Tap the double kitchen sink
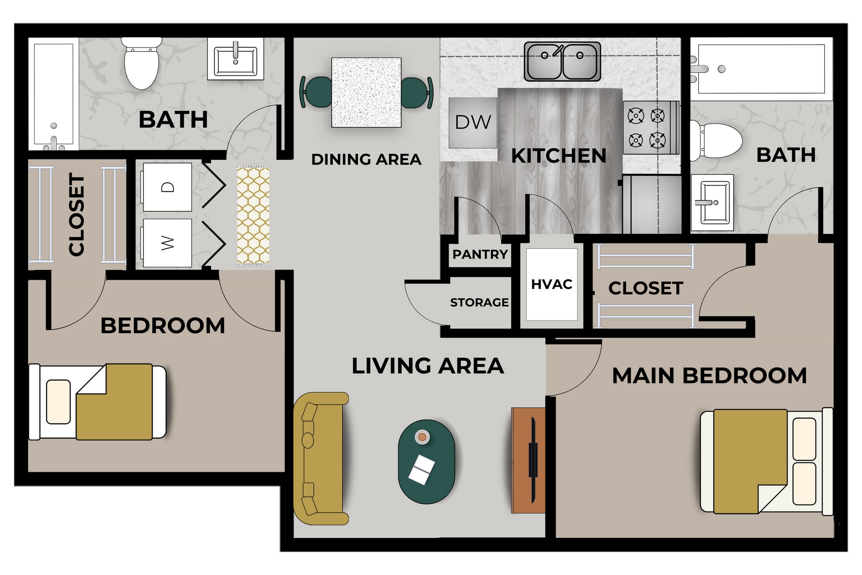coord(562,62)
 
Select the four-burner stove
coord(650,128)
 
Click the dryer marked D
coord(167,187)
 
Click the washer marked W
coord(167,243)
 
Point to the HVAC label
coord(551,284)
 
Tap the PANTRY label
coord(480,254)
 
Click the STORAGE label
coord(479,302)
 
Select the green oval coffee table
coord(426,462)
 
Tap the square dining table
coord(366,92)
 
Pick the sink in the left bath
coord(235,59)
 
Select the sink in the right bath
coord(713,203)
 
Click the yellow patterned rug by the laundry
coord(253,215)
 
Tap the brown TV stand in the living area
coord(528,460)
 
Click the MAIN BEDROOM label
coord(709,376)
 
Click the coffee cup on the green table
coord(422,436)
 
